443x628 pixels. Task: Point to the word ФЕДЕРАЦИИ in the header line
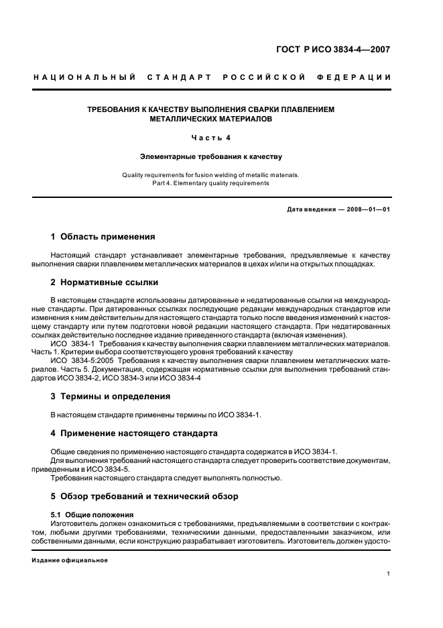pyautogui.click(x=361, y=77)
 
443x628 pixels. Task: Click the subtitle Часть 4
pyautogui.click(x=210, y=138)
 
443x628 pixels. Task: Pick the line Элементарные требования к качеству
pyautogui.click(x=210, y=156)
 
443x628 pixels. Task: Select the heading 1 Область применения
pyautogui.click(x=103, y=237)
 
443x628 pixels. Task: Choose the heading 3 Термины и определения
pyautogui.click(x=111, y=397)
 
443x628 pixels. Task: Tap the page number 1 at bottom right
pyautogui.click(x=389, y=574)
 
